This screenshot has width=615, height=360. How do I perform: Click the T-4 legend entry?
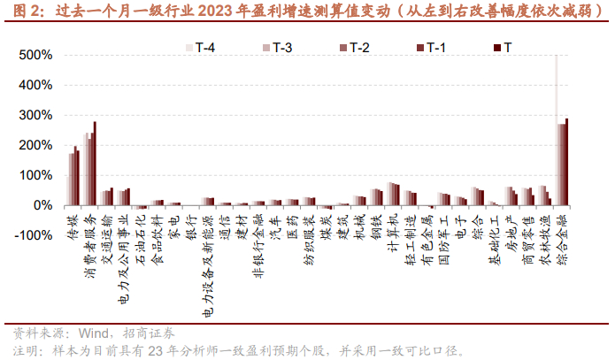[x=200, y=48]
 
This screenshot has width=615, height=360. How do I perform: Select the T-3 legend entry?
[x=277, y=48]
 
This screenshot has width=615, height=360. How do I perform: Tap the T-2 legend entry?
[x=355, y=48]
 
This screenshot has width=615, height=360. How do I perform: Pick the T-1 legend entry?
[x=431, y=48]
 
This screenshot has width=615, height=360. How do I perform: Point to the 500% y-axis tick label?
[x=35, y=55]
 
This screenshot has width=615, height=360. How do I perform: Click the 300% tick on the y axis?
[x=35, y=115]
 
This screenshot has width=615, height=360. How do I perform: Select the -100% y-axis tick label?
[x=34, y=235]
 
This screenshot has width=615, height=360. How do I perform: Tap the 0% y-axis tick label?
[x=43, y=205]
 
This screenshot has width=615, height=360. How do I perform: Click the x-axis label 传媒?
[x=73, y=226]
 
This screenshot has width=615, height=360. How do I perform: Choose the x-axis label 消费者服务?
[x=90, y=246]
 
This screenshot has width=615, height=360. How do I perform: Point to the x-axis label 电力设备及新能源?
[x=208, y=265]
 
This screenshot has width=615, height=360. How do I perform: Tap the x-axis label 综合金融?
[x=563, y=240]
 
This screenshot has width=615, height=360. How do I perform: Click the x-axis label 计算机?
[x=394, y=233]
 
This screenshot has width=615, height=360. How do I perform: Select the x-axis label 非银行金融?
[x=259, y=246]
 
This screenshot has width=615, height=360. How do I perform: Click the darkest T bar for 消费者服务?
[x=95, y=164]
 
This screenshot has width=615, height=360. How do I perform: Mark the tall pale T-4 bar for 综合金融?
[x=557, y=130]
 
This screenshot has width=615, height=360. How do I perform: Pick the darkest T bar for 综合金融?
[x=566, y=162]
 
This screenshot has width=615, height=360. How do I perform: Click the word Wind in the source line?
[x=94, y=333]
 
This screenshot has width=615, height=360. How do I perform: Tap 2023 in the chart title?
[x=215, y=11]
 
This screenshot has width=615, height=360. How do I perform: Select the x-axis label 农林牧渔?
[x=546, y=240]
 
